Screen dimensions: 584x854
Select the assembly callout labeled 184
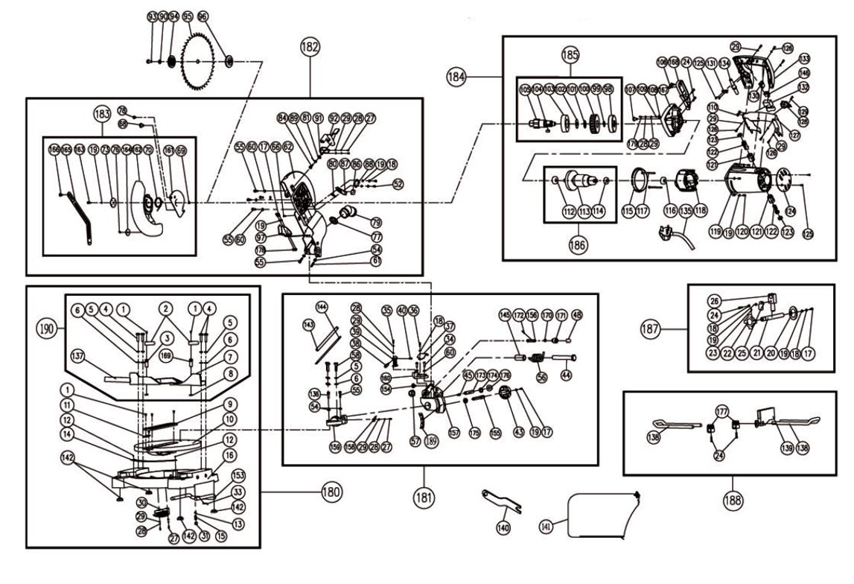pyautogui.click(x=456, y=75)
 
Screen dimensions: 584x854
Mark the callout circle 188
pyautogui.click(x=733, y=500)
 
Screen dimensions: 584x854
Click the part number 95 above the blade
pyautogui.click(x=188, y=16)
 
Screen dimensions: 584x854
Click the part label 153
pyautogui.click(x=239, y=475)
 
